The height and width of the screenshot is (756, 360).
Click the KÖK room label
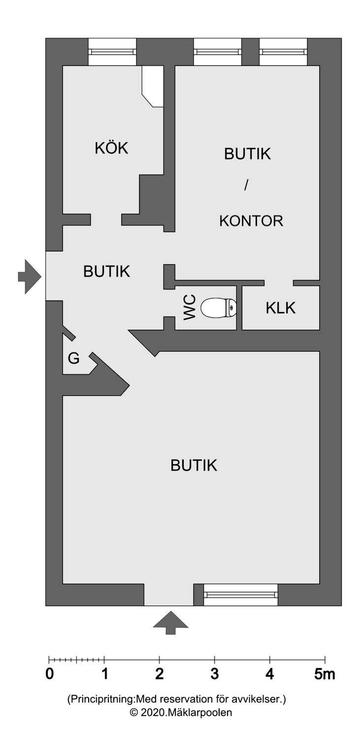pos(111,148)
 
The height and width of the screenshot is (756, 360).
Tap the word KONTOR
pos(251,220)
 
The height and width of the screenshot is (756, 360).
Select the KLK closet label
pos(280,308)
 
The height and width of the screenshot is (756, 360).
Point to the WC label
pos(190,308)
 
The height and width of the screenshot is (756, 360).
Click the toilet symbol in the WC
pos(220,308)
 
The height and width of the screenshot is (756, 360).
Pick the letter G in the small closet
pos(73,358)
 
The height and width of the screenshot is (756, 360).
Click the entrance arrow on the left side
pos(29,277)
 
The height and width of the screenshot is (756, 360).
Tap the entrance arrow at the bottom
pos(170,622)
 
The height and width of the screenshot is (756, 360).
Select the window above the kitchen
pos(112,52)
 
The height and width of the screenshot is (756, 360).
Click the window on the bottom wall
pos(241,595)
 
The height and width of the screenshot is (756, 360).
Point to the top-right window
pos(283,52)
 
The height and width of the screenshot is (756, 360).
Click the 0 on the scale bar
pos(49,674)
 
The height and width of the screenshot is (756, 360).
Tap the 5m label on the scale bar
pos(325,674)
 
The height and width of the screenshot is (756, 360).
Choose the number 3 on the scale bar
pos(214,674)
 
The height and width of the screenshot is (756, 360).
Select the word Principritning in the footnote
pos(102,699)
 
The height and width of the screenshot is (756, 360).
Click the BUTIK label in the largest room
pos(194,465)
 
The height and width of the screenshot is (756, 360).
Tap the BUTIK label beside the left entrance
pos(106,271)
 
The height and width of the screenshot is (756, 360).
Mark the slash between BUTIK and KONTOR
pos(247,186)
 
